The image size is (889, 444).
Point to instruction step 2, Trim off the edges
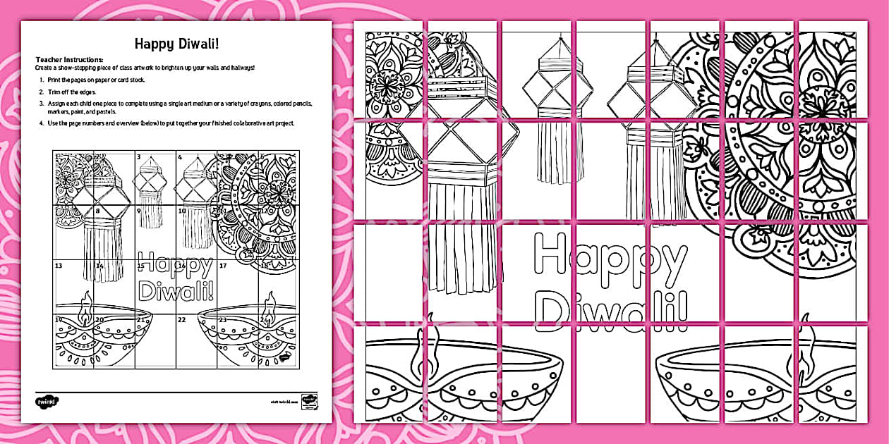[71, 92]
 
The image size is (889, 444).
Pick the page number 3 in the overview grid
[139, 157]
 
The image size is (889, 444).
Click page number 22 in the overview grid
[182, 319]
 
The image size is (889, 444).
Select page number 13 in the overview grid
[59, 266]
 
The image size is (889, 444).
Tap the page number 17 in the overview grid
[222, 266]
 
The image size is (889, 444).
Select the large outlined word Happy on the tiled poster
[610, 255]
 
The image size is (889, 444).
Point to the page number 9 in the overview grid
[139, 211]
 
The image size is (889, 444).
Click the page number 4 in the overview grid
[180, 157]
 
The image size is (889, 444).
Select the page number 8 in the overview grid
[98, 211]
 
